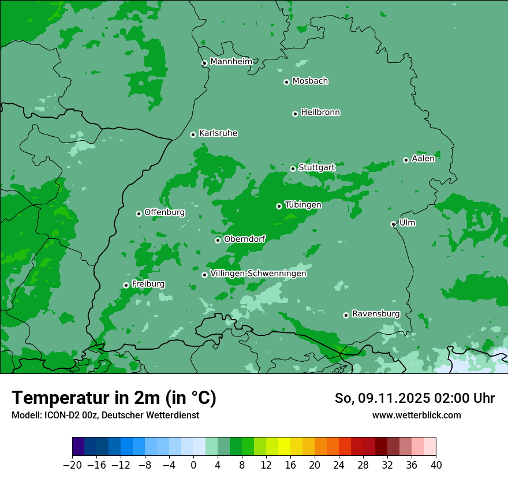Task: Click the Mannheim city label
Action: point(231,62)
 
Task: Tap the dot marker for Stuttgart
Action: point(293,169)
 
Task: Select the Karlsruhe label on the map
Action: point(218,133)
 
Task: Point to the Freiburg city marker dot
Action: point(126,285)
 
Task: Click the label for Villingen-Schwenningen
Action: point(258,274)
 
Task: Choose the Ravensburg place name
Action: point(376,314)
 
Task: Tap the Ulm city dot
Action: point(393,224)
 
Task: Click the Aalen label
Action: point(423,159)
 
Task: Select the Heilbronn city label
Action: point(320,113)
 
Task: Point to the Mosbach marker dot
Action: point(286,82)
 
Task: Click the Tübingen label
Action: point(303,205)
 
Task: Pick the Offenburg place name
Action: point(165,212)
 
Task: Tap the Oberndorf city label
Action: point(245,239)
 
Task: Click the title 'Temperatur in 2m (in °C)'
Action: point(114,398)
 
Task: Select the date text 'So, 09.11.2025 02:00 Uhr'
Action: point(414,398)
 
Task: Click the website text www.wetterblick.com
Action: point(416,415)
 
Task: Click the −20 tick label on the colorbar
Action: point(72,465)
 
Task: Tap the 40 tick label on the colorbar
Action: point(436,465)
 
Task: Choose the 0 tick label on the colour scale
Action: point(193,465)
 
